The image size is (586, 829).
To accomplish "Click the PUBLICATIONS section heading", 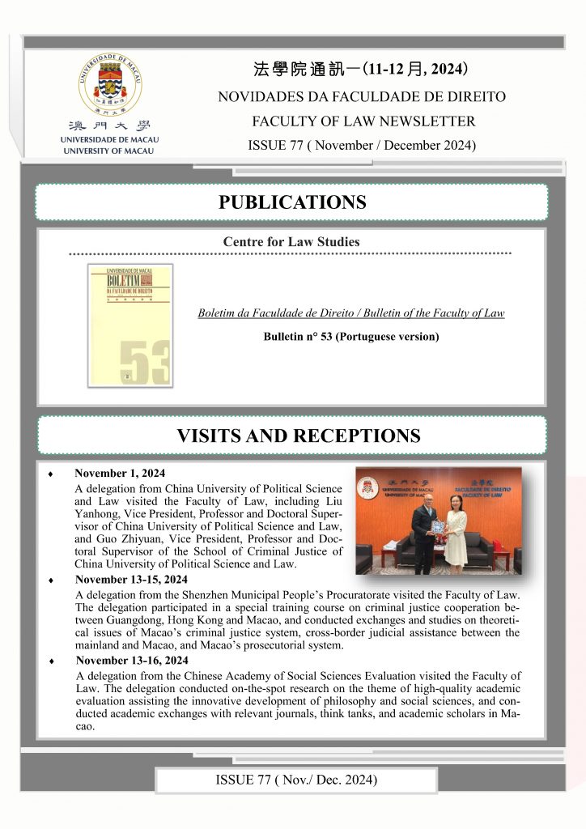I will (x=292, y=202).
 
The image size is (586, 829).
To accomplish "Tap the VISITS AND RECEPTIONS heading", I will (x=298, y=436).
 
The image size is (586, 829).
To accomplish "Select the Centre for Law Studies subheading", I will (x=291, y=241).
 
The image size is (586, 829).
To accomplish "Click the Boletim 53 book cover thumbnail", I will (x=130, y=325).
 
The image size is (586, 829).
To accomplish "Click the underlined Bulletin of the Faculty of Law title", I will (x=350, y=313).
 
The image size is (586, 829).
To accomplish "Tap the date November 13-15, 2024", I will (x=131, y=580).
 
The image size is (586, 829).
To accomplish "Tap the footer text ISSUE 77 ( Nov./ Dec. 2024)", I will (x=296, y=780).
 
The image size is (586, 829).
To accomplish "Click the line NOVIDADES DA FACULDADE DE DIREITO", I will (x=361, y=97).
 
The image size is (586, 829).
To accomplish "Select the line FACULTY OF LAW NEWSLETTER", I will (x=361, y=121).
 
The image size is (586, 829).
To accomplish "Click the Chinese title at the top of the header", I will (x=360, y=68).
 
